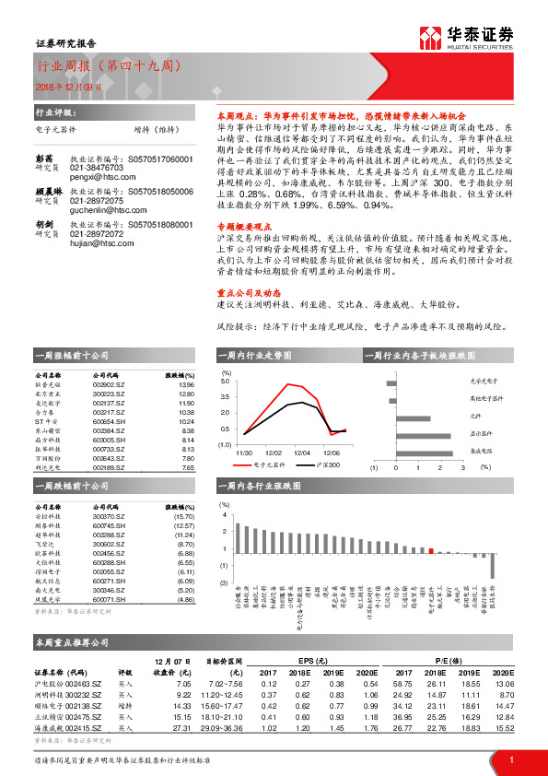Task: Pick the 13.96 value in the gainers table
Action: click(x=186, y=385)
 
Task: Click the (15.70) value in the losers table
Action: click(x=184, y=517)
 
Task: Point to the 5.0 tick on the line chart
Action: click(x=227, y=380)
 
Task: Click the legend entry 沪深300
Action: click(x=328, y=466)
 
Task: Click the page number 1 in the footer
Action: click(x=510, y=759)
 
